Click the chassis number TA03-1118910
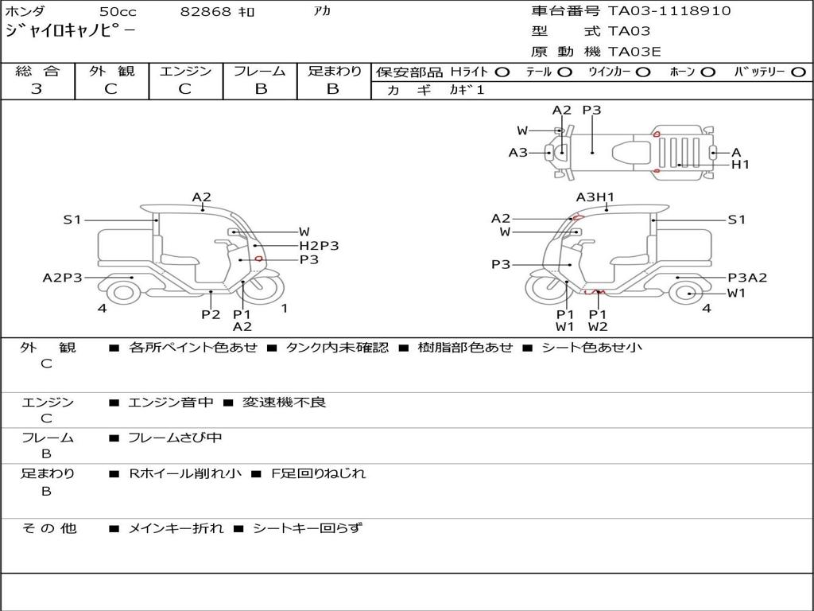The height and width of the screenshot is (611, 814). point(669,11)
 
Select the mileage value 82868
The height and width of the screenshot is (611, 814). point(205,11)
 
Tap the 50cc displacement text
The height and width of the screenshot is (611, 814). point(118,11)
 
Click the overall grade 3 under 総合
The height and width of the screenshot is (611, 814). point(37,89)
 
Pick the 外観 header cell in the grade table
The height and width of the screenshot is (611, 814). point(111,71)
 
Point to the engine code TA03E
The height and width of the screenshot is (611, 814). point(634,52)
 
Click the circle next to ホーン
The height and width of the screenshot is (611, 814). point(707,72)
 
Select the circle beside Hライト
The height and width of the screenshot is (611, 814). point(502,72)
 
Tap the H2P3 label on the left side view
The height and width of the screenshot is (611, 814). point(319,245)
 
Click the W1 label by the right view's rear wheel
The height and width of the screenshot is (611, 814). point(736,293)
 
